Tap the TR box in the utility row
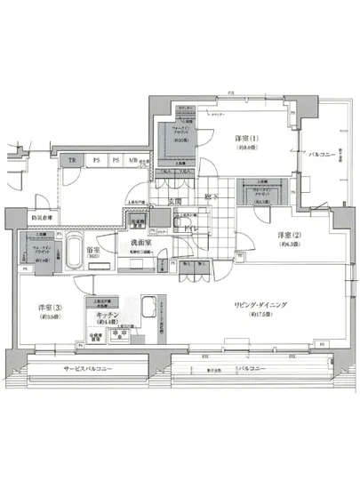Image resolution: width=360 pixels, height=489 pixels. [x=73, y=160]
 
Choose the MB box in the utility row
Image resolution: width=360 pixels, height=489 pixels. [x=132, y=160]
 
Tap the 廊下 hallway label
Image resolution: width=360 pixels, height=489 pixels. [x=207, y=196]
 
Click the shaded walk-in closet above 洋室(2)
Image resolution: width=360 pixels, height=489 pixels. [x=265, y=191]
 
